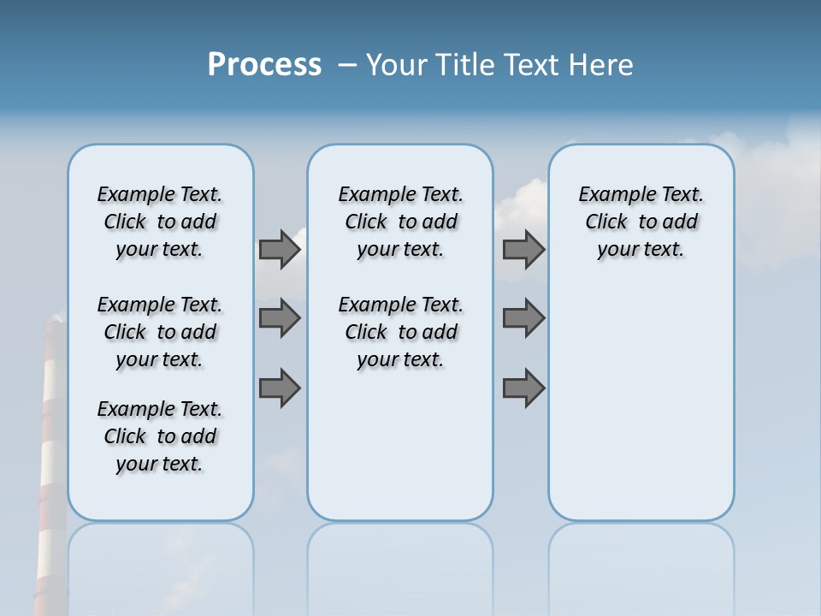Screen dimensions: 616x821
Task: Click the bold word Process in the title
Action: click(x=264, y=65)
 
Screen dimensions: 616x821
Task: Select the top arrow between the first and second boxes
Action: click(x=279, y=249)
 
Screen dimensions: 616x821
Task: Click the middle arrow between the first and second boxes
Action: click(x=279, y=318)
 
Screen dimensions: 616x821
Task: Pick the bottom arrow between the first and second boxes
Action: click(x=279, y=388)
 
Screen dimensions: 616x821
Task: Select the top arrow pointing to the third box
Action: click(x=523, y=249)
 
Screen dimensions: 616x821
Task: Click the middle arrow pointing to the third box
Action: click(x=523, y=318)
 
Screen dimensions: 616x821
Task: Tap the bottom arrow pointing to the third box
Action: click(x=523, y=388)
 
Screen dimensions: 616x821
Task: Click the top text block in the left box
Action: click(x=160, y=222)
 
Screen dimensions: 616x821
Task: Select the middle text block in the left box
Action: click(x=160, y=332)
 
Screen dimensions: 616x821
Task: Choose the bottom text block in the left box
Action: click(x=160, y=436)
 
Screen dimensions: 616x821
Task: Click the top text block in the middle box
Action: click(x=400, y=222)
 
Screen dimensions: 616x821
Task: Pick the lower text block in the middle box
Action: click(x=400, y=332)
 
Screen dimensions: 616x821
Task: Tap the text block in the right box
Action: click(x=641, y=222)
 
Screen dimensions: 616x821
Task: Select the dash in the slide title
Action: click(x=347, y=65)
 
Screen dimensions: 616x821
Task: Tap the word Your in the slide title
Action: click(x=396, y=65)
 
